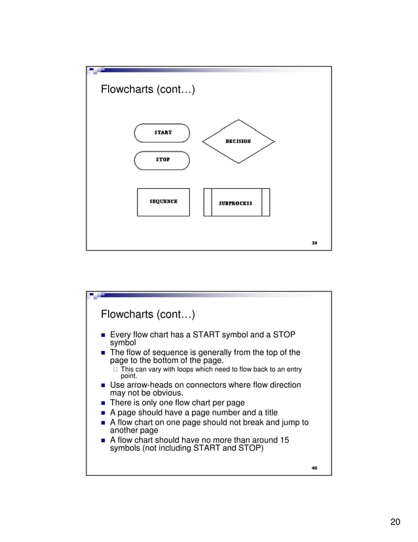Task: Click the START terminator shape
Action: (162, 133)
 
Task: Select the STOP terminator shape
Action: (162, 160)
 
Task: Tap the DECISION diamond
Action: (238, 141)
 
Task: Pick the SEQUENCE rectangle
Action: (163, 202)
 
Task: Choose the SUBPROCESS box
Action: (236, 203)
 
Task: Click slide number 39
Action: (314, 243)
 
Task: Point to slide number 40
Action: (314, 468)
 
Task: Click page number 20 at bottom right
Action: (394, 522)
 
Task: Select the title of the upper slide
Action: (147, 89)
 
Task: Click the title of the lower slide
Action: (147, 314)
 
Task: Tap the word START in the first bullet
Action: (226, 335)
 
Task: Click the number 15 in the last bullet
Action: (283, 440)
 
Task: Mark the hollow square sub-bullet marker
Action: (115, 369)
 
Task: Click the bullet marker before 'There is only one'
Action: (102, 403)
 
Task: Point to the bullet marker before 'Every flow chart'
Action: (102, 335)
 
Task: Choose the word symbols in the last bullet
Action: (126, 448)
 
